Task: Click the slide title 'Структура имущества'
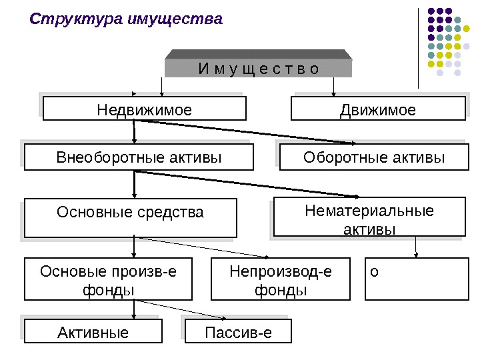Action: click(x=125, y=19)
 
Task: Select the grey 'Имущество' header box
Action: click(x=259, y=68)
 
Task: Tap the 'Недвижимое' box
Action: click(x=144, y=109)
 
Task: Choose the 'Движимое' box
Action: click(x=378, y=109)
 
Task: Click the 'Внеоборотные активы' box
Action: click(x=139, y=158)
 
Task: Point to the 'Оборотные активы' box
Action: click(x=373, y=158)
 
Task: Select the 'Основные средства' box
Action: click(x=130, y=217)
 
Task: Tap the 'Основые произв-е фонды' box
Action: click(x=108, y=280)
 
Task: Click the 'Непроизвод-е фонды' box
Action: click(x=280, y=280)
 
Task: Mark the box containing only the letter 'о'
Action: click(x=417, y=280)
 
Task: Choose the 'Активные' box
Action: click(x=93, y=331)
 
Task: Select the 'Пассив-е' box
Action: click(x=238, y=331)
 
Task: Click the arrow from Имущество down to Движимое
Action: click(x=333, y=87)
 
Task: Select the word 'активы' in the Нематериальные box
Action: click(x=369, y=229)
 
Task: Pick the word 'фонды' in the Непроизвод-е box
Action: click(x=280, y=290)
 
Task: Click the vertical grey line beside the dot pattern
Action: click(x=419, y=47)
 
